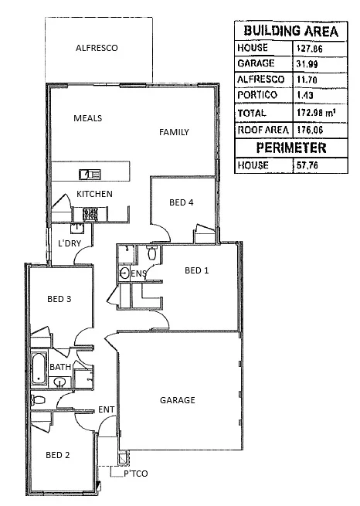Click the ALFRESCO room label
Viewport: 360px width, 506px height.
pyautogui.click(x=97, y=48)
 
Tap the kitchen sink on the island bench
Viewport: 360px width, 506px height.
pyautogui.click(x=90, y=175)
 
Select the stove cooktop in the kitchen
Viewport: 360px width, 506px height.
pyautogui.click(x=90, y=214)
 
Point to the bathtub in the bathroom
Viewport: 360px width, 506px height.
pyautogui.click(x=39, y=368)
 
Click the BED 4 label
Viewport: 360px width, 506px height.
pyautogui.click(x=182, y=202)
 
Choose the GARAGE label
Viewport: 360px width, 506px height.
pyautogui.click(x=178, y=400)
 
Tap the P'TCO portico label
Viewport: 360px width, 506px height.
pyautogui.click(x=136, y=474)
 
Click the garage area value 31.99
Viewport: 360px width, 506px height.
pyautogui.click(x=307, y=64)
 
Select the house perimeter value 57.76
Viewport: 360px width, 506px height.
pyautogui.click(x=307, y=165)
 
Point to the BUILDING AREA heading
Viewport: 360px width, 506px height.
pyautogui.click(x=291, y=31)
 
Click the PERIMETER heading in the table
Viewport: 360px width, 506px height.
pyautogui.click(x=291, y=148)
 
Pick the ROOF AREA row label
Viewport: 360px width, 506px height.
pyautogui.click(x=263, y=130)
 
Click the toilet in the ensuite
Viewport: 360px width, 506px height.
pyautogui.click(x=152, y=253)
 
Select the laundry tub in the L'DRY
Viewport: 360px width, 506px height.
pyautogui.click(x=77, y=229)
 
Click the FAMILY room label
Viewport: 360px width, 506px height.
pyautogui.click(x=174, y=132)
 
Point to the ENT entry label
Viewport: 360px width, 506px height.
pyautogui.click(x=106, y=410)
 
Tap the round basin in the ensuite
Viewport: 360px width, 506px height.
pyautogui.click(x=124, y=273)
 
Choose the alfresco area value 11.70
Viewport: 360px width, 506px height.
pyautogui.click(x=307, y=80)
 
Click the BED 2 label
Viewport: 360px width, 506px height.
pyautogui.click(x=58, y=455)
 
